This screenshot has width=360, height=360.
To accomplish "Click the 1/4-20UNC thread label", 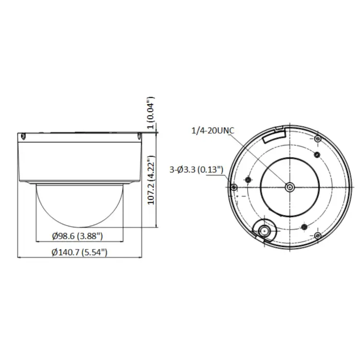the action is [x=213, y=131].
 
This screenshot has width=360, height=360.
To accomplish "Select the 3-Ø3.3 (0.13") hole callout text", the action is [x=196, y=170].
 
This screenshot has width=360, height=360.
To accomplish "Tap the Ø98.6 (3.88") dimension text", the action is [x=77, y=236].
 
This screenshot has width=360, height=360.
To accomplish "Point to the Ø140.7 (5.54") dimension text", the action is [x=79, y=253].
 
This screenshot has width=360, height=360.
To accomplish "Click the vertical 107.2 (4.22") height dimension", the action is [x=151, y=180].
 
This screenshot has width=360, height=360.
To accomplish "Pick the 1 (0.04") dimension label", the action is [x=150, y=113].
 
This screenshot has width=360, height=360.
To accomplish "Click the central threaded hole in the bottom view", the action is [x=290, y=188].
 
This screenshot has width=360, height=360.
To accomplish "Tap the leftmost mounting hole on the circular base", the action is [x=233, y=187].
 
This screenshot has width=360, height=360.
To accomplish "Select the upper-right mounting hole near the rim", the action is [x=318, y=139].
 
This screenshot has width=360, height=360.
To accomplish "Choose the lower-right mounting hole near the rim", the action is [x=318, y=236].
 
